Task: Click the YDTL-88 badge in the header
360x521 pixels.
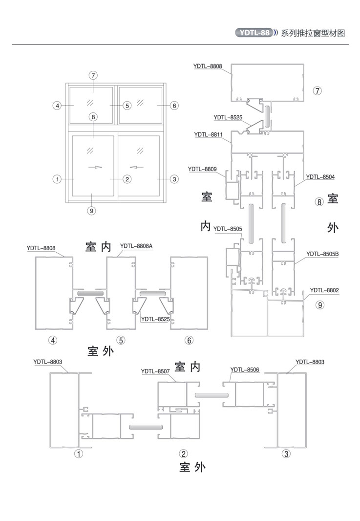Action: click(253, 33)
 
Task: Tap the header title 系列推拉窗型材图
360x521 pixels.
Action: click(313, 33)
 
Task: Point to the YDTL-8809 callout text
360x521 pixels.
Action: click(202, 169)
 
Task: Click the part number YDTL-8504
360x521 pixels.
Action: click(320, 176)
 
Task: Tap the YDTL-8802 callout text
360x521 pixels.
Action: click(324, 290)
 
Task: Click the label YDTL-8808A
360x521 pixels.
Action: click(136, 246)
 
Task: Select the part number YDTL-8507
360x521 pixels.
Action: click(155, 371)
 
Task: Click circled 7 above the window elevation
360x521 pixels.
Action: click(93, 75)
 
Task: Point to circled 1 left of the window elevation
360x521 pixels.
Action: click(58, 179)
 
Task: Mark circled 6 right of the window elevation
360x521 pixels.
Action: click(175, 106)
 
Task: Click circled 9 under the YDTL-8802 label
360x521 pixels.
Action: click(319, 305)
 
